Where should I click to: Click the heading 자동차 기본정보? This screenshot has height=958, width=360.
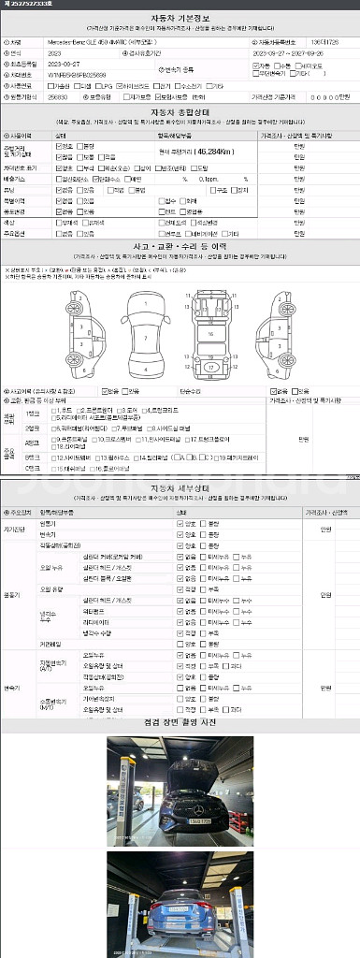[180, 18]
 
